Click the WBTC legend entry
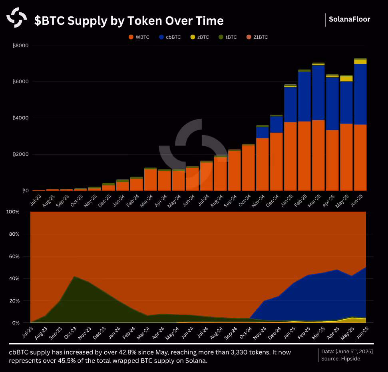tap(139, 37)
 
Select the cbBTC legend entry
tap(170, 37)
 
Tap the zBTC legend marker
tap(193, 37)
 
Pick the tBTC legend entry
tap(228, 37)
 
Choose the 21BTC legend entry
tap(257, 37)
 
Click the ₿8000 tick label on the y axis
tap(20, 46)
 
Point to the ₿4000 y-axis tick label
tap(20, 118)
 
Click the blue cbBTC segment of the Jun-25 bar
tap(360, 94)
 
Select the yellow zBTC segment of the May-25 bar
tap(346, 79)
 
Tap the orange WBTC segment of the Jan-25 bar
tap(290, 156)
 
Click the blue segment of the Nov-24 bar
tap(262, 132)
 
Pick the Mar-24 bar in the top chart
tap(151, 179)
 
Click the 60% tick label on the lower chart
tap(14, 257)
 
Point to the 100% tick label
tap(13, 212)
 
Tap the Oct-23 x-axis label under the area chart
tap(71, 332)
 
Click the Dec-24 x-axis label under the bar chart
tap(272, 201)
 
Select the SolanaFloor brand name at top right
tap(349, 19)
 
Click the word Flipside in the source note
tap(350, 359)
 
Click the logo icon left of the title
tap(16, 17)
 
